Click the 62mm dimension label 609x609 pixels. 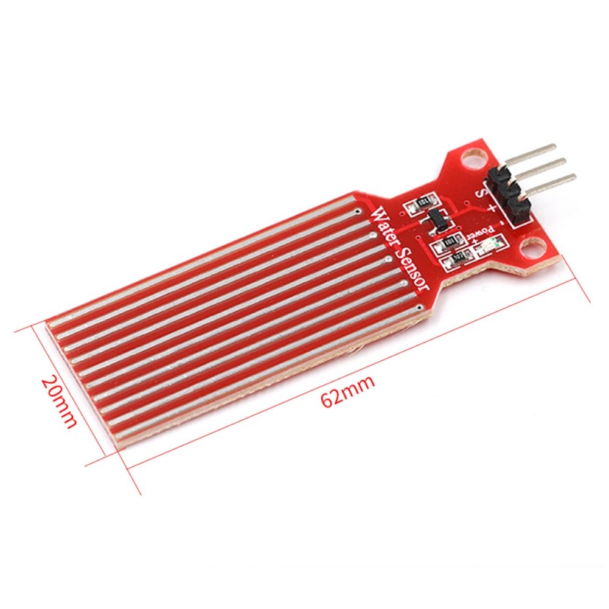point(348,392)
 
